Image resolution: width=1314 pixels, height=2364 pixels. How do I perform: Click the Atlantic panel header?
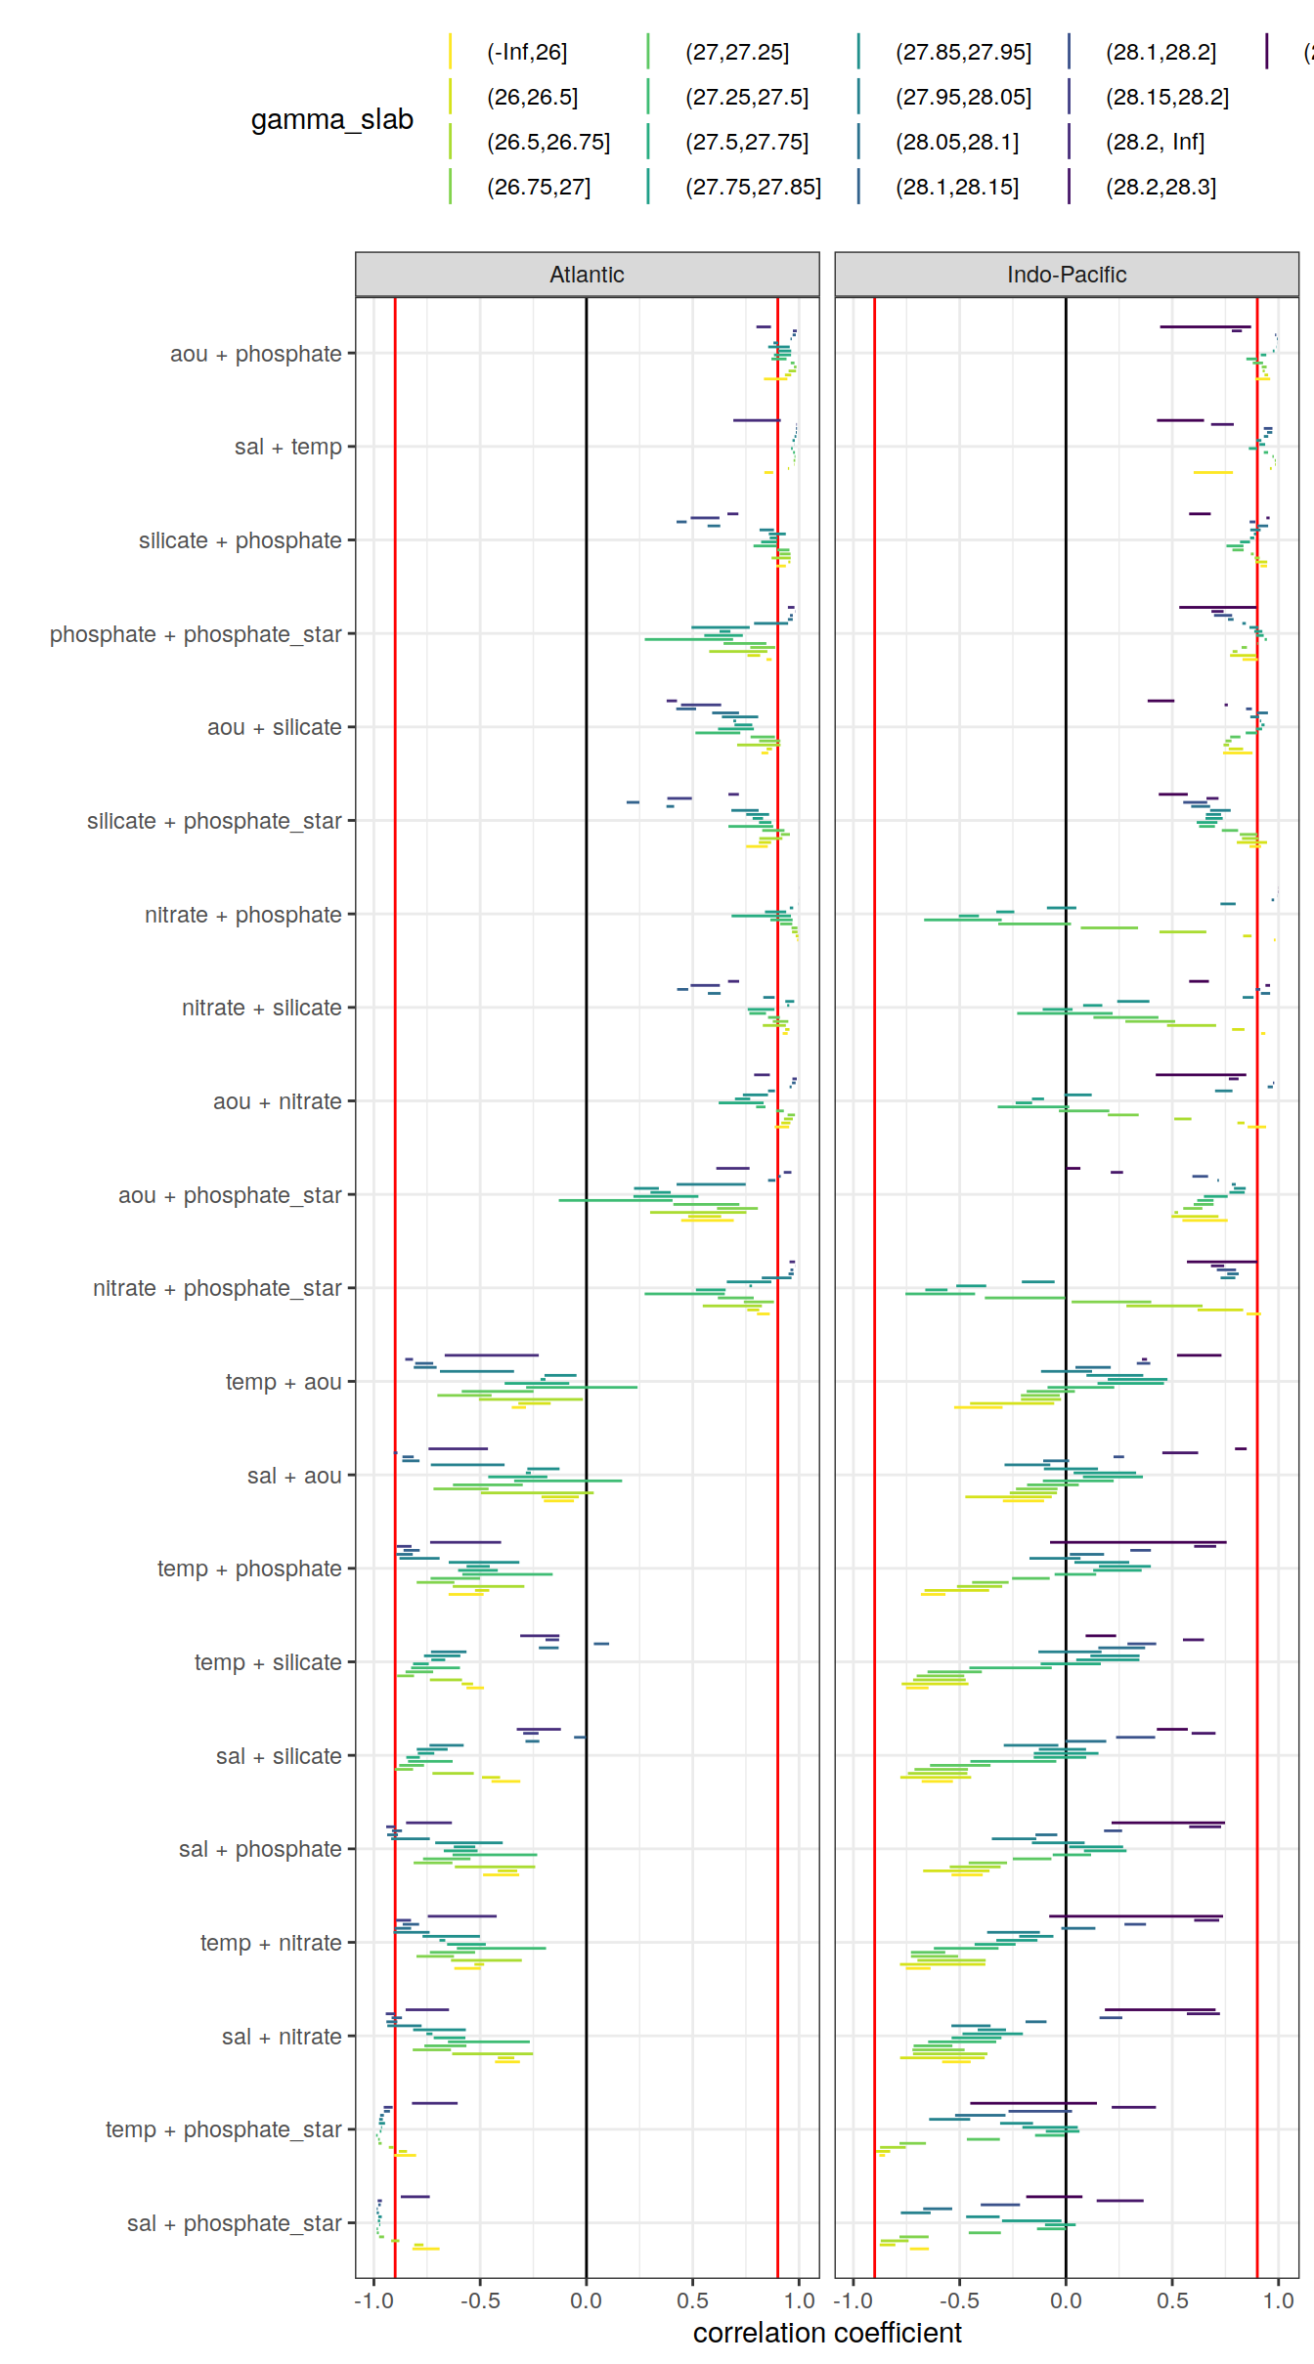coord(587,275)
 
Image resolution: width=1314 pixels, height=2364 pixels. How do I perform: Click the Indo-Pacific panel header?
coord(1066,275)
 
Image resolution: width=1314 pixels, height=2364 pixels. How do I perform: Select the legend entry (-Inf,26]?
coord(527,52)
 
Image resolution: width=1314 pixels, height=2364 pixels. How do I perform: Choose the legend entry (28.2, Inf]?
coord(1155,142)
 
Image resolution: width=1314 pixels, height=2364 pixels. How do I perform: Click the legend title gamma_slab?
coord(331,119)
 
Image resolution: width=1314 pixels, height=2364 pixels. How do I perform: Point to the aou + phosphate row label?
coord(255,354)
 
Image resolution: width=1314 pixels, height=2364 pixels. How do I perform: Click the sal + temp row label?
coord(287,447)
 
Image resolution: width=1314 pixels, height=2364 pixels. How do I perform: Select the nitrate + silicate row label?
coord(261,1008)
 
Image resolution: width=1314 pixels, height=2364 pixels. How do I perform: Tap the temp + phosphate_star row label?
coord(223,2129)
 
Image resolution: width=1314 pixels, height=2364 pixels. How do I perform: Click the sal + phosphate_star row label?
coord(234,2223)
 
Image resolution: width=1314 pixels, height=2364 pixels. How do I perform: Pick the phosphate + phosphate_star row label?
coord(196,634)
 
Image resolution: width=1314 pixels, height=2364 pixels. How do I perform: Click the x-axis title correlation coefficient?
coord(827,2333)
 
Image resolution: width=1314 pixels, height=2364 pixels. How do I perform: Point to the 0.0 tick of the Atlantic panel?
coord(586,2300)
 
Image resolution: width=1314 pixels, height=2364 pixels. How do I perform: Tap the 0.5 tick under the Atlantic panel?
coord(692,2300)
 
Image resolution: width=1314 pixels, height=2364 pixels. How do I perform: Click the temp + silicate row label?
coord(267,1662)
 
